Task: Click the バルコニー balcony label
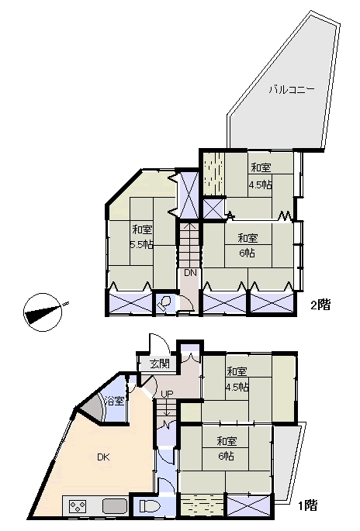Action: [292, 90]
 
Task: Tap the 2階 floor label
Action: [320, 305]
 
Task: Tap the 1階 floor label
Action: [308, 505]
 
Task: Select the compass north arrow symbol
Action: [43, 312]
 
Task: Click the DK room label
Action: [103, 457]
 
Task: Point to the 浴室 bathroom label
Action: [115, 402]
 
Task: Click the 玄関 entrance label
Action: [160, 364]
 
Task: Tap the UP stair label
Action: [167, 394]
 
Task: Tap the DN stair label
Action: [190, 273]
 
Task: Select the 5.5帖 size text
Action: [142, 244]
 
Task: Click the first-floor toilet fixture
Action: [149, 507]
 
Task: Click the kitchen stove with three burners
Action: [78, 507]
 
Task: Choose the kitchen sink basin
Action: [115, 507]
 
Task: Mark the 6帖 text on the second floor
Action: [247, 253]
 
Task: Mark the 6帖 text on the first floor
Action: [226, 456]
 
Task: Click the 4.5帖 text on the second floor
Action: [261, 185]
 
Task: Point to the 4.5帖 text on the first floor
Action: [237, 387]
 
